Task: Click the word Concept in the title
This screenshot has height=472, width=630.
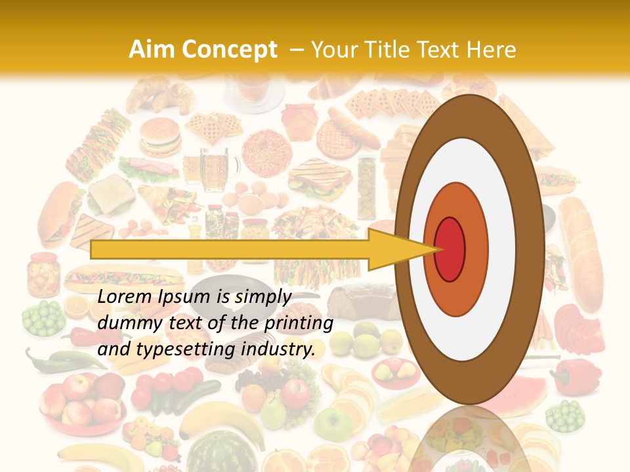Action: tap(228, 50)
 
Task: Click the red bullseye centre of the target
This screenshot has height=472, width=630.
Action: tap(450, 249)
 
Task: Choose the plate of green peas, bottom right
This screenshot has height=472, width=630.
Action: tap(564, 417)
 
